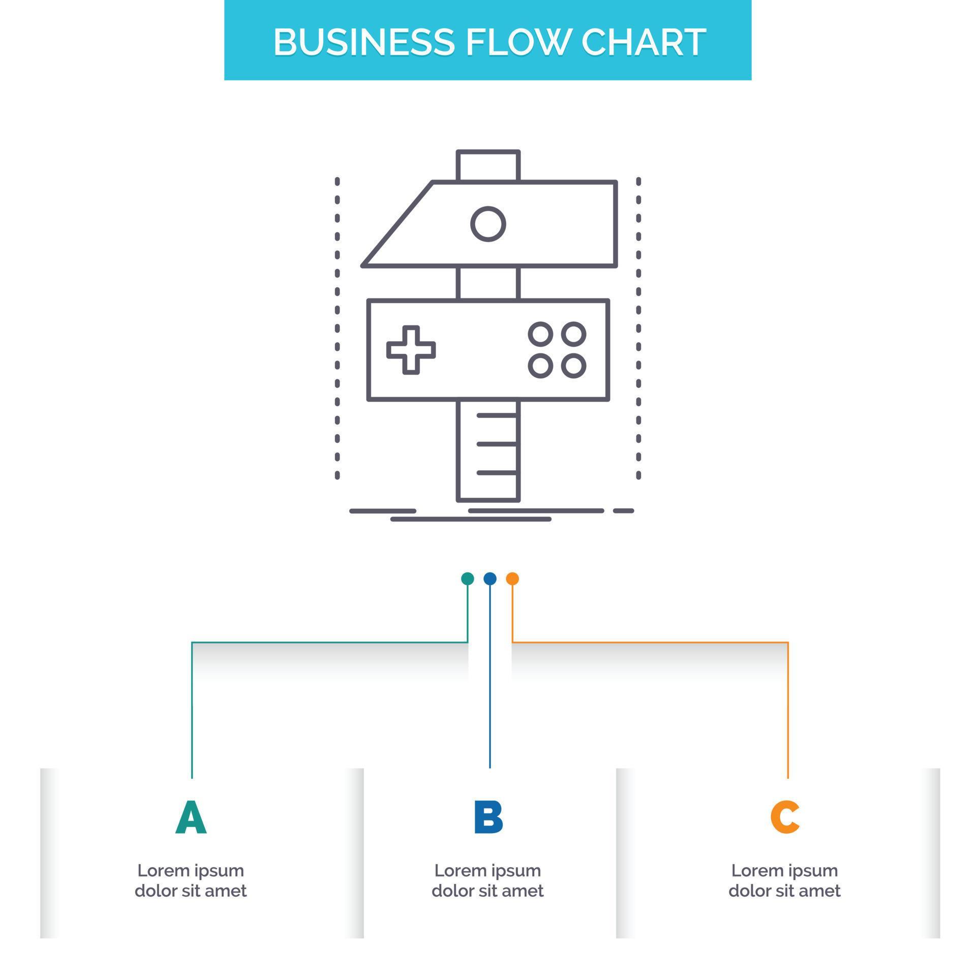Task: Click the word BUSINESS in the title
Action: point(363,42)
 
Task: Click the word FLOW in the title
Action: point(523,42)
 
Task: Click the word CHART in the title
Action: point(643,42)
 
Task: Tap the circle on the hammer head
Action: point(488,224)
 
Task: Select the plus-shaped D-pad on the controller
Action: point(411,350)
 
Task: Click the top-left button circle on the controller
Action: point(540,334)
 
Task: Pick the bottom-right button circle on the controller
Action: point(574,365)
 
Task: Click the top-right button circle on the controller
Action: point(574,334)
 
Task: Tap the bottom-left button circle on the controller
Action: point(540,365)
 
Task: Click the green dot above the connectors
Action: point(467,578)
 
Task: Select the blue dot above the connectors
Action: point(490,578)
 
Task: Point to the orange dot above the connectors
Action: point(512,578)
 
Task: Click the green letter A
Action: point(191,817)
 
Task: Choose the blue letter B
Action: point(488,817)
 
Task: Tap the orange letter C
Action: point(784,817)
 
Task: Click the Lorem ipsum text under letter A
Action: point(191,880)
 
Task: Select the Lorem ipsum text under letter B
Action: point(488,880)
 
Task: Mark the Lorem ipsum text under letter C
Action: point(784,880)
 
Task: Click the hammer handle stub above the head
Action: point(488,166)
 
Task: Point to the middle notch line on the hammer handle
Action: point(497,444)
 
